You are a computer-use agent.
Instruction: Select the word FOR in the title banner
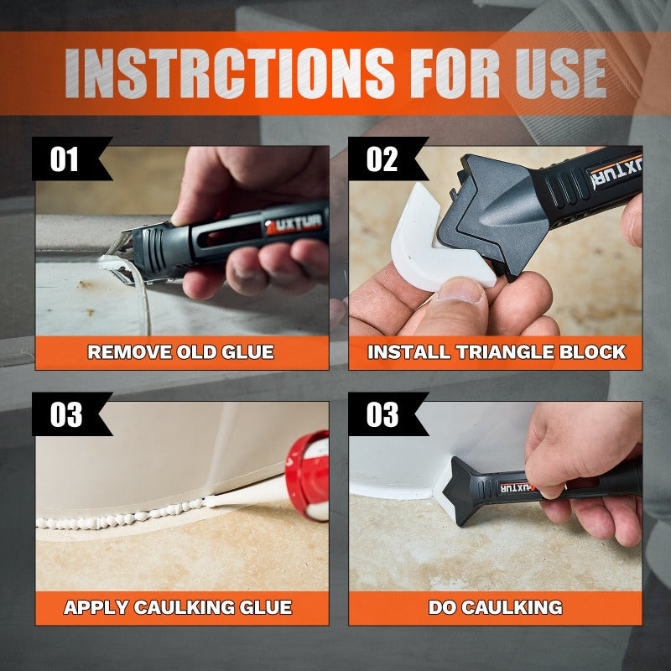455,73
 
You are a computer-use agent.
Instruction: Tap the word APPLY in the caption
96,607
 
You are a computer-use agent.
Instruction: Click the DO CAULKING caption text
496,607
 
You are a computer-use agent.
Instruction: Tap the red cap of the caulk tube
306,475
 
